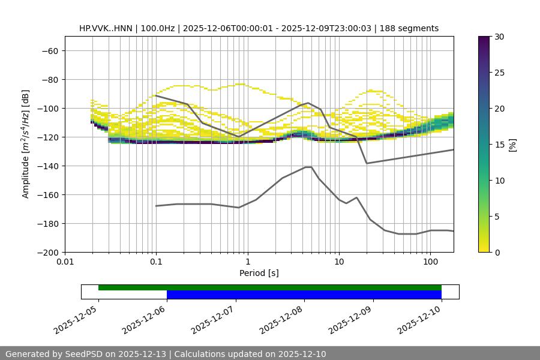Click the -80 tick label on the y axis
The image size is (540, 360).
(x=49, y=79)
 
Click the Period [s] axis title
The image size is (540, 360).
(x=259, y=273)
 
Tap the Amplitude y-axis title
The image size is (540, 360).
(x=26, y=144)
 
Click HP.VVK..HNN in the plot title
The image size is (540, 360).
(x=105, y=28)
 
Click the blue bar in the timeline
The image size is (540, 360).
(x=304, y=295)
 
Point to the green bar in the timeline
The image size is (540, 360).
(x=270, y=287)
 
